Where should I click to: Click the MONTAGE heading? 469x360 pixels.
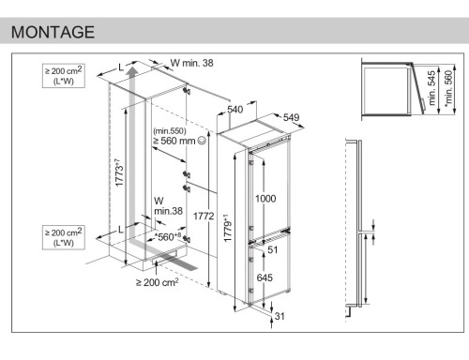(53, 32)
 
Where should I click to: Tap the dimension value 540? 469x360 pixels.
(235, 110)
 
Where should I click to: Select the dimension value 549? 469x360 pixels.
(292, 117)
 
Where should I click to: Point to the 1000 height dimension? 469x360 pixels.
(265, 199)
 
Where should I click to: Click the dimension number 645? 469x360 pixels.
(265, 277)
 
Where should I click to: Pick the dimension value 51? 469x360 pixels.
(273, 249)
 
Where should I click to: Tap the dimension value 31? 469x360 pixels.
(280, 316)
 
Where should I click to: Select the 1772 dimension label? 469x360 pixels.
(204, 216)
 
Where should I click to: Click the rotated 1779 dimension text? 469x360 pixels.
(228, 228)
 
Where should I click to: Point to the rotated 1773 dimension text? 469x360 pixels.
(119, 172)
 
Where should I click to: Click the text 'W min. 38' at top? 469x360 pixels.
(192, 63)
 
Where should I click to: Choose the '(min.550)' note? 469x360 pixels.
(170, 130)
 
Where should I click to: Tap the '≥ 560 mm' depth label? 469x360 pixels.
(174, 141)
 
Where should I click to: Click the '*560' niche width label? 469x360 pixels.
(168, 237)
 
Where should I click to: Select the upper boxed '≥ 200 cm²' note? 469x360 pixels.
(64, 76)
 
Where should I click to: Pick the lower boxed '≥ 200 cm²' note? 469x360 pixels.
(64, 237)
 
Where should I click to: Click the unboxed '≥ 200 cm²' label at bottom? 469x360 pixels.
(158, 282)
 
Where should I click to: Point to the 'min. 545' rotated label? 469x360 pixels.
(431, 88)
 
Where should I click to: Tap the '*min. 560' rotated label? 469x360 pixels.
(448, 88)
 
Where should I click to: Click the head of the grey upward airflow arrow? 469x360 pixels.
(132, 69)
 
